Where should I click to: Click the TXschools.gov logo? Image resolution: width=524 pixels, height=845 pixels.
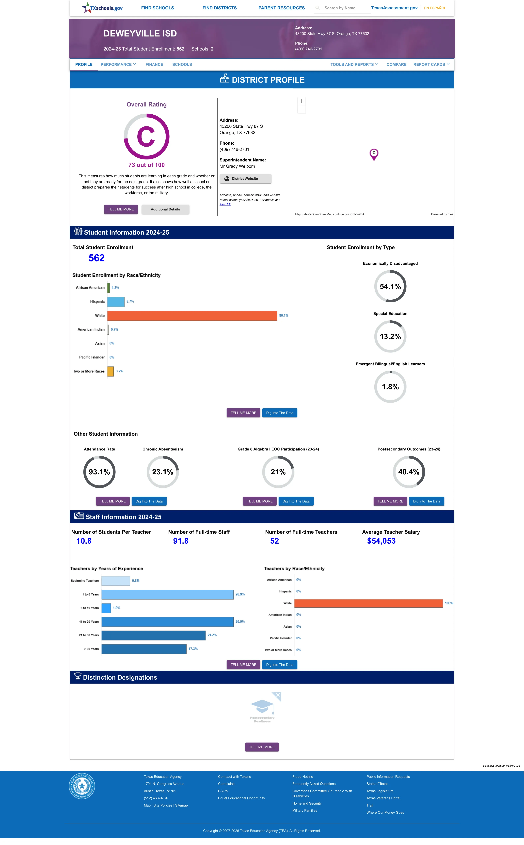pyautogui.click(x=102, y=8)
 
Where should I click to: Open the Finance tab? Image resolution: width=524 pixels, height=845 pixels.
pyautogui.click(x=154, y=65)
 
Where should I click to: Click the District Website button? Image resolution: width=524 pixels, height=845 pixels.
pyautogui.click(x=245, y=179)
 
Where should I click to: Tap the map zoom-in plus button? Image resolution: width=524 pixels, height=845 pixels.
pyautogui.click(x=302, y=101)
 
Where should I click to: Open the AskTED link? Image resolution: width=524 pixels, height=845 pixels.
pyautogui.click(x=225, y=204)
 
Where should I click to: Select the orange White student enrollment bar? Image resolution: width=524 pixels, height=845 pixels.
pyautogui.click(x=192, y=315)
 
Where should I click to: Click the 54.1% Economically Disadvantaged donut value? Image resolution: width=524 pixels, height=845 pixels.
pyautogui.click(x=390, y=286)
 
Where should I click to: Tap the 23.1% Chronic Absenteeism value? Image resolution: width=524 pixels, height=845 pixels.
pyautogui.click(x=162, y=472)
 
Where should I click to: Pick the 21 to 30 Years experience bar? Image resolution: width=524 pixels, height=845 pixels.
pyautogui.click(x=154, y=635)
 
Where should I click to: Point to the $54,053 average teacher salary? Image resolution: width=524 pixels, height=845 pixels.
pyautogui.click(x=381, y=541)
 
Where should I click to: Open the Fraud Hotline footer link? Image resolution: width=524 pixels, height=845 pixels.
pyautogui.click(x=302, y=777)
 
